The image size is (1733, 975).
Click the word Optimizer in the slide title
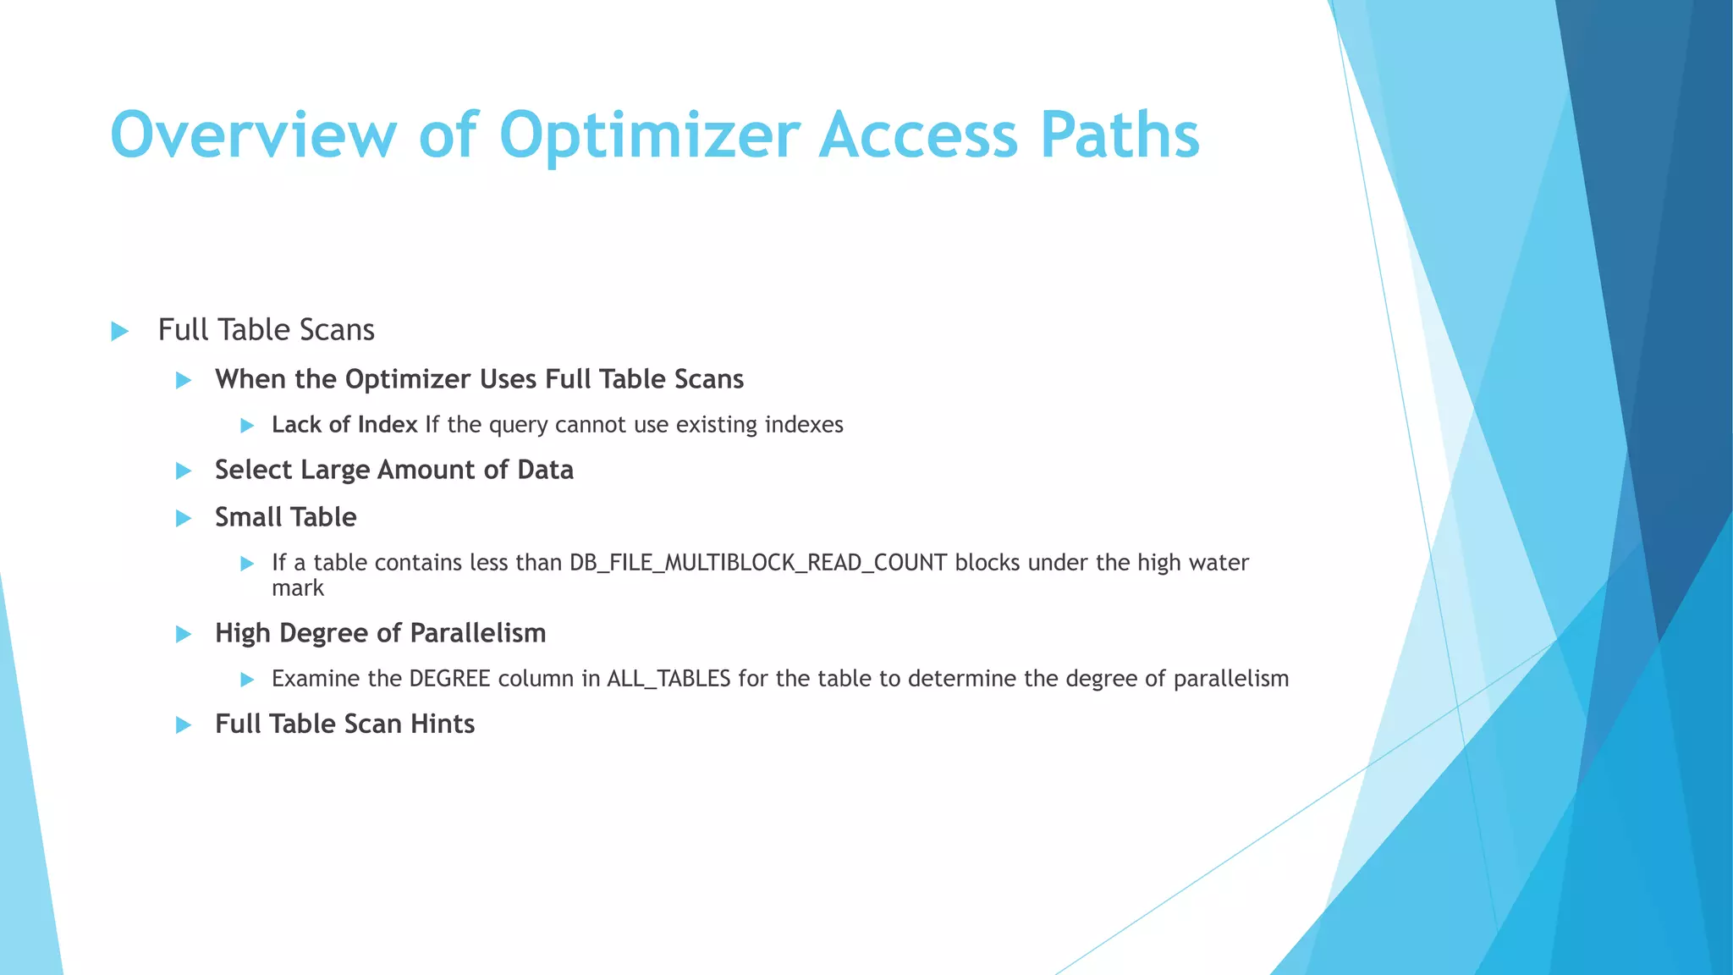point(649,135)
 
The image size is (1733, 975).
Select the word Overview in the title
point(253,135)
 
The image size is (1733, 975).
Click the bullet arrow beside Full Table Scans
point(119,331)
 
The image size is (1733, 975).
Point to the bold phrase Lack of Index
point(344,425)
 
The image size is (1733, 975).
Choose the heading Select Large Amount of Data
point(393,470)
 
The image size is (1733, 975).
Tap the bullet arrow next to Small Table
point(184,518)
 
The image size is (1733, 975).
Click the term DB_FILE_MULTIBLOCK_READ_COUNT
point(757,563)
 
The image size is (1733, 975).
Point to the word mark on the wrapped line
point(297,588)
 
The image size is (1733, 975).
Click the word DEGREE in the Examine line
point(449,679)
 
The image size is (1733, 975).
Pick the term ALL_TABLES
point(668,679)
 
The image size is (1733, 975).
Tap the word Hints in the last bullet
point(442,724)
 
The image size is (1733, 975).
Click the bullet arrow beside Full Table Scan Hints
point(184,725)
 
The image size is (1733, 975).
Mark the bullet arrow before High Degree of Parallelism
point(184,634)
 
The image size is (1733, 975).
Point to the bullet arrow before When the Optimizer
point(184,380)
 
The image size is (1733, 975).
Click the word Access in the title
point(918,135)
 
